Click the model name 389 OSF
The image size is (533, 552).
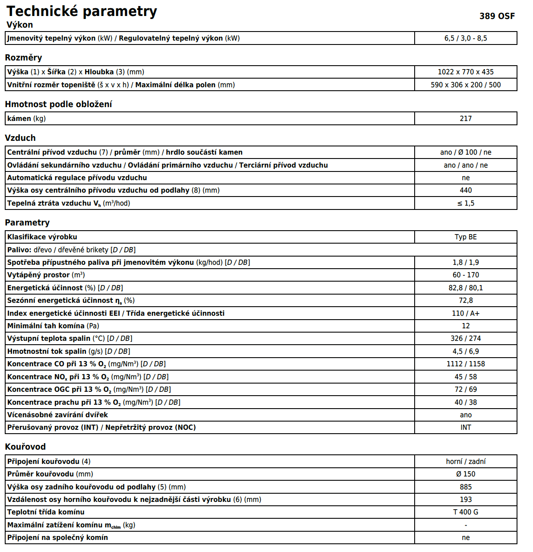coord(497,16)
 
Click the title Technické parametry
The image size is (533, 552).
coord(82,11)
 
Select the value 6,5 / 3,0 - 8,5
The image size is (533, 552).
coord(466,38)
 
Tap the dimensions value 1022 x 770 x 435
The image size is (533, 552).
coord(466,72)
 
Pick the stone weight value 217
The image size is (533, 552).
coord(466,118)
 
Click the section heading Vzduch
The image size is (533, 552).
coord(20,138)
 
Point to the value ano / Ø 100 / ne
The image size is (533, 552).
coord(466,152)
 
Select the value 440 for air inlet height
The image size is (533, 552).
coord(466,190)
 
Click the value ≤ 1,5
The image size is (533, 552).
coord(466,203)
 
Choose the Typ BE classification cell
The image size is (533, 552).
coord(466,237)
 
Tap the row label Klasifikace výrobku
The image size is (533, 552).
coord(42,237)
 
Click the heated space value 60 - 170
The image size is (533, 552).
coord(466,275)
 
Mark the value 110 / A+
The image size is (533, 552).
coord(466,313)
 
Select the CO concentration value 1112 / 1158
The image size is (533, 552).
coord(466,364)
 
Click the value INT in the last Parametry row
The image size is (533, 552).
coord(466,427)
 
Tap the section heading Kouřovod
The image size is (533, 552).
coord(25,447)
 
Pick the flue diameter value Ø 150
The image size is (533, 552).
coord(466,474)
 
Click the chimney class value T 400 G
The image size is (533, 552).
coord(466,512)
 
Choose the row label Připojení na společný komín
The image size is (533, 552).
coord(57,537)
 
